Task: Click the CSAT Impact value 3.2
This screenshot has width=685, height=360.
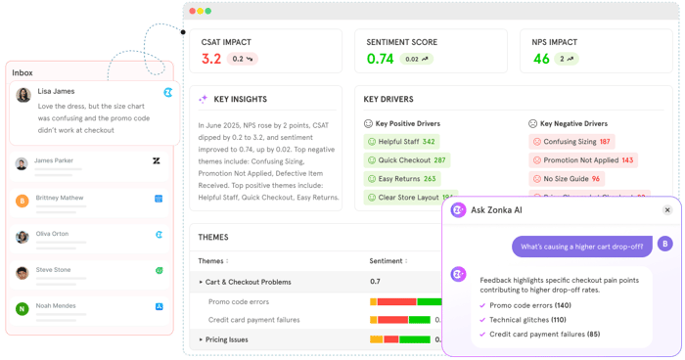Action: (x=211, y=59)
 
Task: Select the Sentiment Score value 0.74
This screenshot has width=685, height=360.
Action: (x=380, y=59)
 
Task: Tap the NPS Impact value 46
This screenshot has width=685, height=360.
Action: (x=541, y=59)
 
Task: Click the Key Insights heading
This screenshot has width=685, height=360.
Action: (x=240, y=99)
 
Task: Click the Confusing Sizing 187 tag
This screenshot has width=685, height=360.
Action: (x=571, y=142)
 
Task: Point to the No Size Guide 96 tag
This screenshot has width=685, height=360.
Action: (x=566, y=179)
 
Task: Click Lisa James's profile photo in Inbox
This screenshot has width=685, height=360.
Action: (x=23, y=95)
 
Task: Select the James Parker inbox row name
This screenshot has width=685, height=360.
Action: (x=54, y=160)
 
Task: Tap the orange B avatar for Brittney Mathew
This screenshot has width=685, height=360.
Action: (x=22, y=201)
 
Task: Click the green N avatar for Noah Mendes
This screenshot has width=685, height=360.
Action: (x=22, y=309)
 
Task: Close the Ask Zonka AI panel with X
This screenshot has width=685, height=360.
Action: (x=667, y=209)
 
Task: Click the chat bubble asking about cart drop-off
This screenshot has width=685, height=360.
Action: (x=581, y=247)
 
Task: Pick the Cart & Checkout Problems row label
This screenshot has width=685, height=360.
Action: (x=248, y=282)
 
